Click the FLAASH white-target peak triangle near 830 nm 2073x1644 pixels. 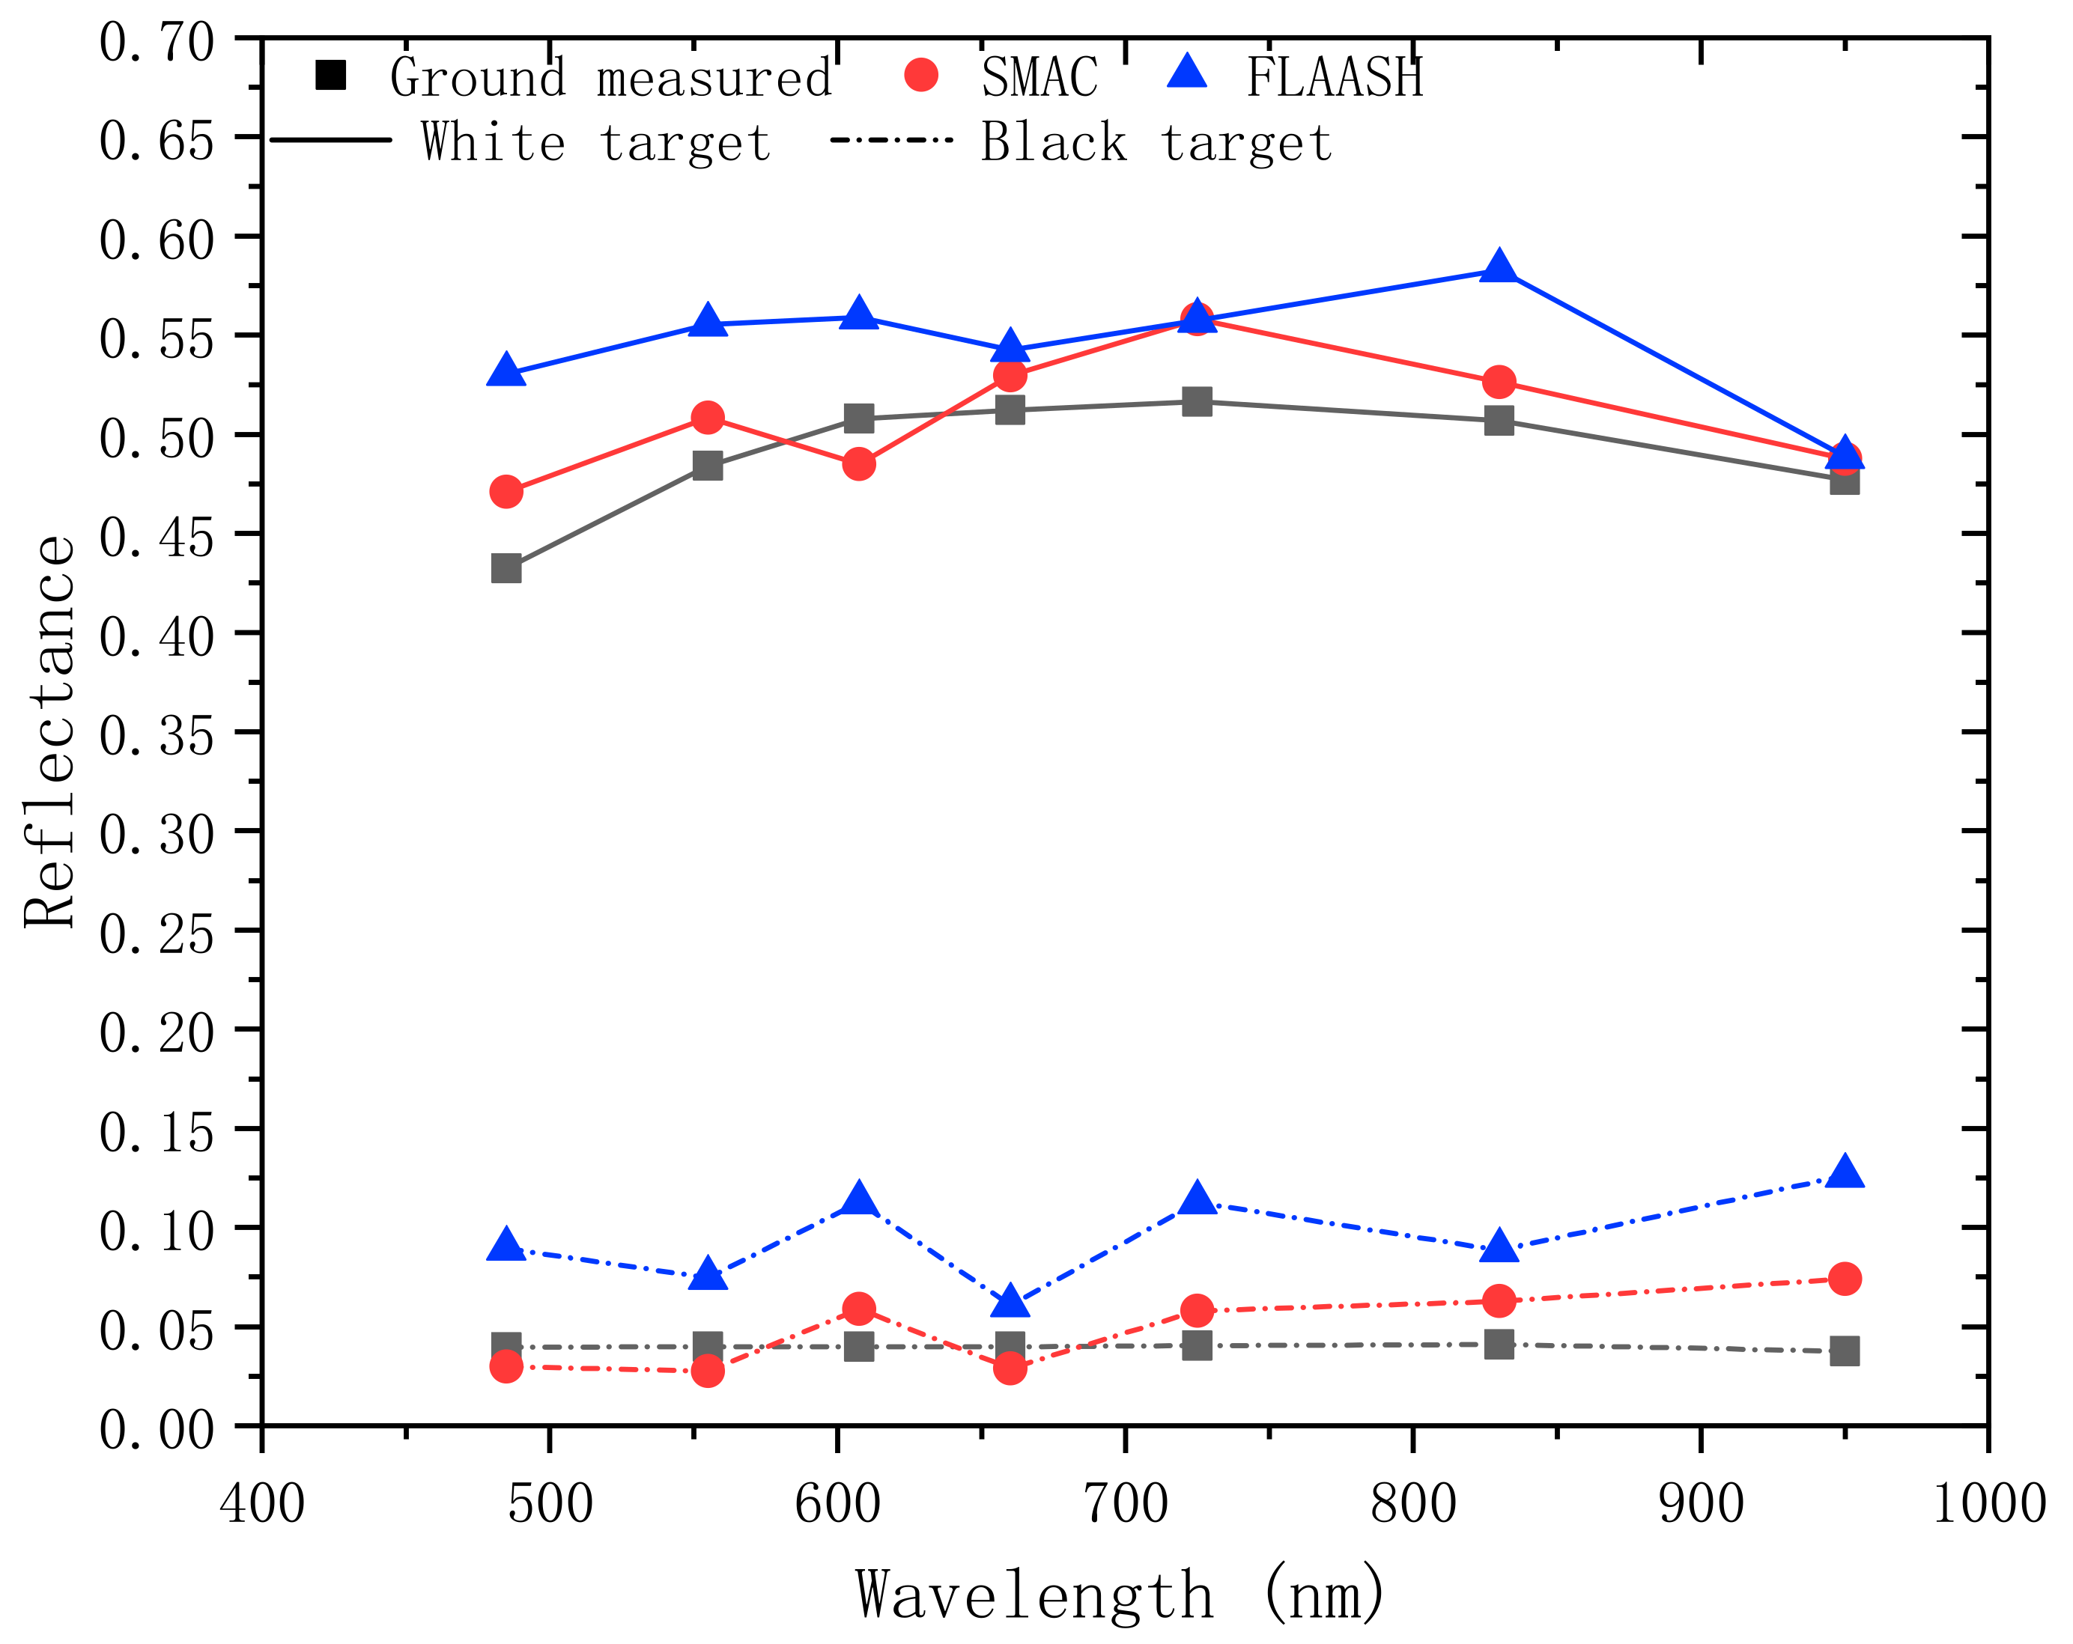tap(1498, 267)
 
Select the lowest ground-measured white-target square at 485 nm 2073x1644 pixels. tap(506, 568)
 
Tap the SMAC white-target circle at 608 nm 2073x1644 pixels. tap(858, 464)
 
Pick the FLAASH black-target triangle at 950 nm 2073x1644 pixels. tap(1844, 1173)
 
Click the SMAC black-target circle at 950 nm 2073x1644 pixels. tap(1844, 1279)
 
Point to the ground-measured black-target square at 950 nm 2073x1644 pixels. tap(1844, 1351)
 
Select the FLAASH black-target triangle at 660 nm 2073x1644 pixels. tap(1010, 1302)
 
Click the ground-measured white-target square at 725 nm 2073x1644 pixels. tap(1196, 401)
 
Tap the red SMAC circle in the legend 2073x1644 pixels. tap(921, 75)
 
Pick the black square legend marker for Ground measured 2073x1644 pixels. tap(331, 75)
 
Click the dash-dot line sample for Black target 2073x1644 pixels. tap(890, 140)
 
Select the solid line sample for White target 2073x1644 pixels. tap(331, 140)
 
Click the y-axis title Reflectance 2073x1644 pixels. tap(50, 731)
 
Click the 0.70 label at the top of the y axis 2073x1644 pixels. tap(156, 44)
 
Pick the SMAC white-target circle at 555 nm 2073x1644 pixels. tap(708, 417)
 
